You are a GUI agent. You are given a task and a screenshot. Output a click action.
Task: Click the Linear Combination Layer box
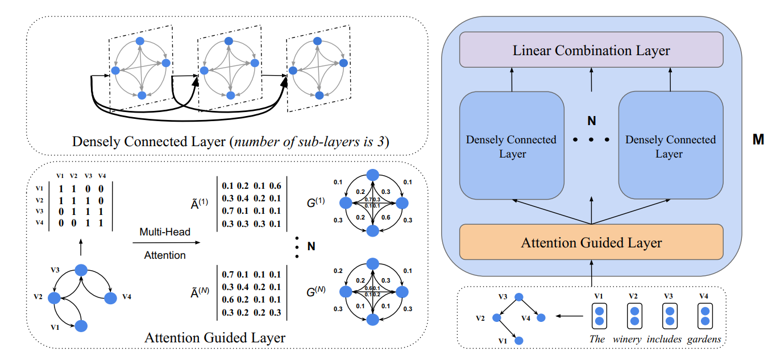(591, 50)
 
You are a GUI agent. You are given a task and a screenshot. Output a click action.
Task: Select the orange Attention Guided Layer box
(591, 243)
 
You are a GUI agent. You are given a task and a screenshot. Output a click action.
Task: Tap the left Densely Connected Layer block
(512, 146)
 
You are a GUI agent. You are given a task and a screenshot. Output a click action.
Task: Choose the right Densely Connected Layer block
(670, 146)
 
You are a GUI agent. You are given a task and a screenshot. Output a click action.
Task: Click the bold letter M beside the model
(758, 140)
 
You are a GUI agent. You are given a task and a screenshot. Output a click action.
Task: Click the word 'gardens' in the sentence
(704, 340)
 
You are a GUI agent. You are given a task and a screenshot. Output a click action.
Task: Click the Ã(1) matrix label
(200, 204)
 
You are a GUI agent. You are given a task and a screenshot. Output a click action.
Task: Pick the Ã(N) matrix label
(200, 292)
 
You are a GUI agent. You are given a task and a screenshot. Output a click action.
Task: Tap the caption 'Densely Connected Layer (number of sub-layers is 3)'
(230, 142)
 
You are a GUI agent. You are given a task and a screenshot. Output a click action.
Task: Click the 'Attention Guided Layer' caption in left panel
(215, 338)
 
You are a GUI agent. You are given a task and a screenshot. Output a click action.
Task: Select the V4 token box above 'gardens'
(704, 316)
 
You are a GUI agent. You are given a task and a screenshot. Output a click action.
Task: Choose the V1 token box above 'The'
(598, 316)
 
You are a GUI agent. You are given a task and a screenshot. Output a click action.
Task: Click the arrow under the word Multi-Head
(166, 243)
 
